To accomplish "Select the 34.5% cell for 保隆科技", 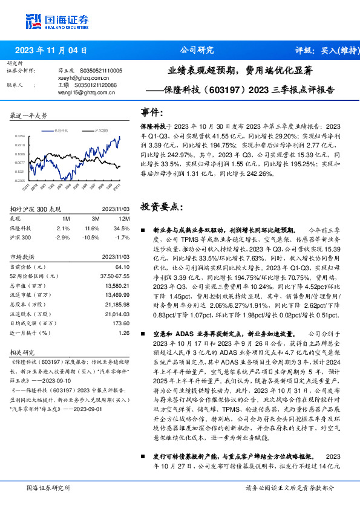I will (123, 228).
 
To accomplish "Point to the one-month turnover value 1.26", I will (124, 332).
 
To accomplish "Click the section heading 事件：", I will (152, 112).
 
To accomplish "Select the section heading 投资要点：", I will (162, 207).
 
